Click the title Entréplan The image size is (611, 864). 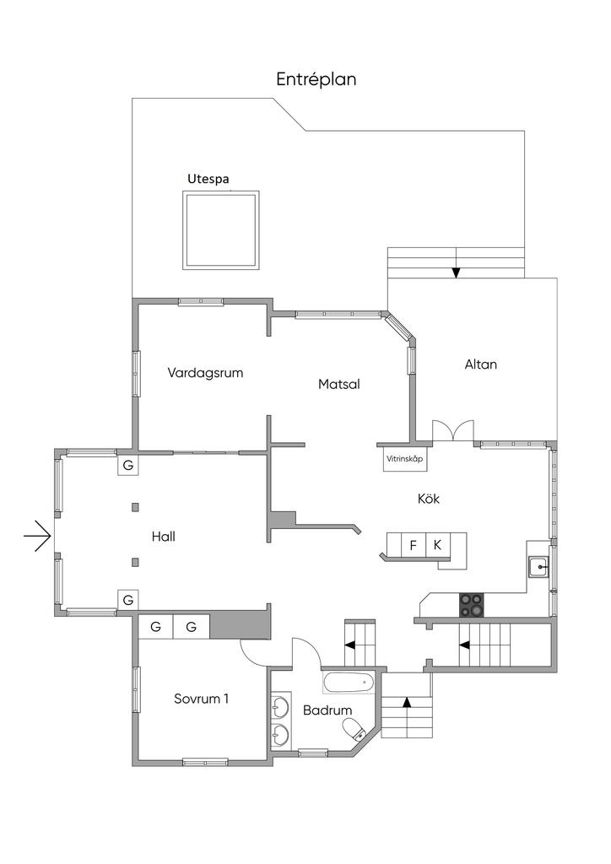(316, 79)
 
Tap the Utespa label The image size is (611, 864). (208, 179)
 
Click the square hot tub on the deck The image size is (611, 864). (220, 229)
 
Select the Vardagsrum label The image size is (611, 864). (205, 372)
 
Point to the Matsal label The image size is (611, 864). (339, 384)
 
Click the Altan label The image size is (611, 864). (481, 364)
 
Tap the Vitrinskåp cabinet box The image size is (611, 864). (403, 460)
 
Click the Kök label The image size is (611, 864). (429, 499)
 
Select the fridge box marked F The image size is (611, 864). (414, 545)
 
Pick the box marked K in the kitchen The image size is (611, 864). (437, 545)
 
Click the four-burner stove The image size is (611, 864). (472, 604)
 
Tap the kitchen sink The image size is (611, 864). (538, 567)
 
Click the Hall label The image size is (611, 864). (164, 536)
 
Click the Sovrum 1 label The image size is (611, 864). (201, 699)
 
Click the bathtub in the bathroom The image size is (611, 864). (349, 681)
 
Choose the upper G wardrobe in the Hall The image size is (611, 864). (128, 465)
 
